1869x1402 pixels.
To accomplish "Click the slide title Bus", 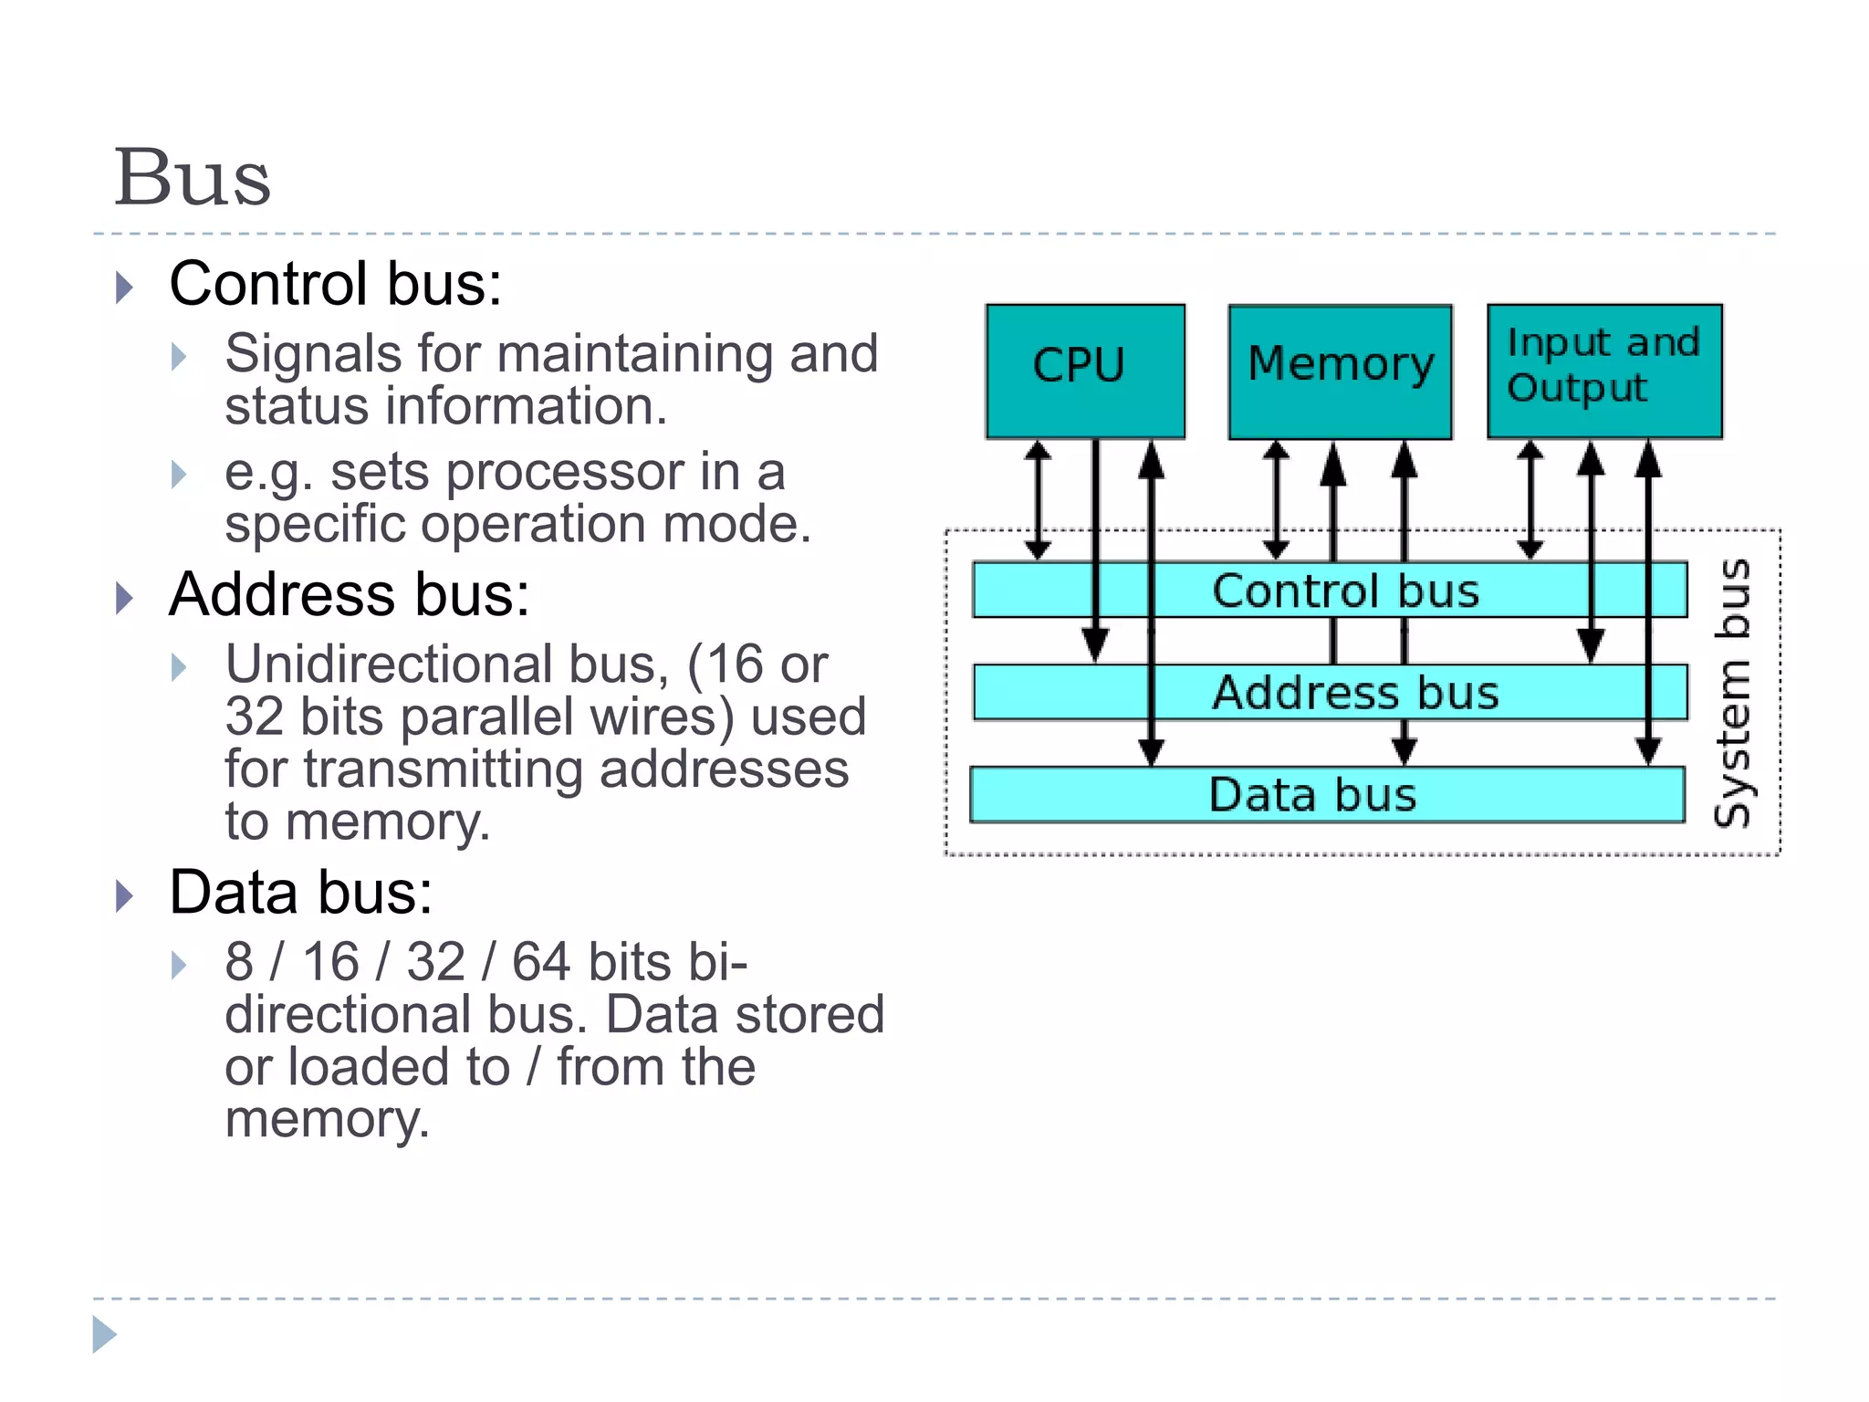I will pyautogui.click(x=192, y=177).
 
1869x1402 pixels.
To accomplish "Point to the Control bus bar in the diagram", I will pyautogui.click(x=1345, y=591).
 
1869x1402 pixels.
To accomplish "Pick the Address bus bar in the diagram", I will pyautogui.click(x=1354, y=693).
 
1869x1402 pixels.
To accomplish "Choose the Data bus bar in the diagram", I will pyautogui.click(x=1312, y=795).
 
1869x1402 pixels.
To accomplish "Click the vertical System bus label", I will pyautogui.click(x=1731, y=693).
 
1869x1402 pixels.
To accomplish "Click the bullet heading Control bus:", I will pyautogui.click(x=335, y=284).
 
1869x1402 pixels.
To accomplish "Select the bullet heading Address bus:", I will pyautogui.click(x=349, y=595).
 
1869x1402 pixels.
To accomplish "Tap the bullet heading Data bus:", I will pyautogui.click(x=300, y=892).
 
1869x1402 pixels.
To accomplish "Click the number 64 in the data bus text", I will pyautogui.click(x=540, y=962).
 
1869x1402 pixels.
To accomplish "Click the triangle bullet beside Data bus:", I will pyautogui.click(x=125, y=896).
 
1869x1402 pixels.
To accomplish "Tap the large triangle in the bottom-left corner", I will pyautogui.click(x=104, y=1334).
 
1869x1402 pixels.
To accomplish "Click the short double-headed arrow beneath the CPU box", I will pyautogui.click(x=1038, y=500).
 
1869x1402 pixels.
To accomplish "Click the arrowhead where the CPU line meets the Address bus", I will pyautogui.click(x=1095, y=647).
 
